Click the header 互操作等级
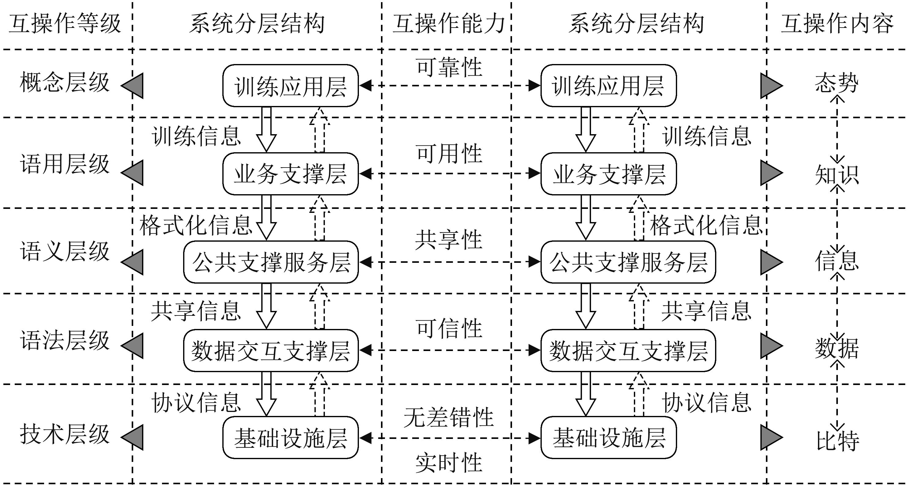65,24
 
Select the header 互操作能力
448,24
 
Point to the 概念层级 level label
65,83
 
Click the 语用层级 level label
65,164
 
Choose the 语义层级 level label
65,252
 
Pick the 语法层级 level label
65,341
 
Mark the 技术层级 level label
65,434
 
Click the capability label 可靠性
449,67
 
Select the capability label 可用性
449,154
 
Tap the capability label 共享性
448,240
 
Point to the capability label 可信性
449,328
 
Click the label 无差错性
448,417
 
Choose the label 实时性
448,463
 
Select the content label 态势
836,84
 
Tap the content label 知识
837,175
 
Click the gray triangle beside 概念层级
133,86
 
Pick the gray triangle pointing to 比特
770,438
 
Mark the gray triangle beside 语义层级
133,262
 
